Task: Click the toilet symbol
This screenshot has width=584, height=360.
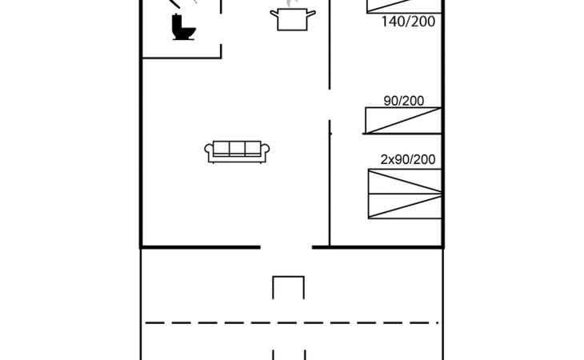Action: [183, 27]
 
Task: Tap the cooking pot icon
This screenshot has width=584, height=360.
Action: [293, 20]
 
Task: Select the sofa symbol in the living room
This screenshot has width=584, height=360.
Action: [237, 151]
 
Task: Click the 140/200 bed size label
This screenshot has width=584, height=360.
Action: [408, 22]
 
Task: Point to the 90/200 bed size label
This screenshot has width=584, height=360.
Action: [404, 101]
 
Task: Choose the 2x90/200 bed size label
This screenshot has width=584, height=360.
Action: [408, 159]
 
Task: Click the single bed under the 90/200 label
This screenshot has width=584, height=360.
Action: [403, 120]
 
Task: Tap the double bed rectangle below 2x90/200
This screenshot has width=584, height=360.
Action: [405, 194]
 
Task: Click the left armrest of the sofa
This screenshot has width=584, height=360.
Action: [209, 150]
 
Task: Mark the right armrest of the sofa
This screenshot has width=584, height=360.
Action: [265, 150]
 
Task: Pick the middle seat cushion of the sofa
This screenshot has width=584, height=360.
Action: [237, 148]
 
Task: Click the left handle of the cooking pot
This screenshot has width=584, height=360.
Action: [274, 14]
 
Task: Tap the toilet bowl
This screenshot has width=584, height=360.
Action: [187, 33]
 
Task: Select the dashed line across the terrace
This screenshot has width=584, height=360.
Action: [292, 322]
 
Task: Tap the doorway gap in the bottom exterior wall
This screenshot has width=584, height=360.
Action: [286, 247]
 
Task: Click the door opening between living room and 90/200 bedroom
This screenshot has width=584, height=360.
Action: [330, 105]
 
